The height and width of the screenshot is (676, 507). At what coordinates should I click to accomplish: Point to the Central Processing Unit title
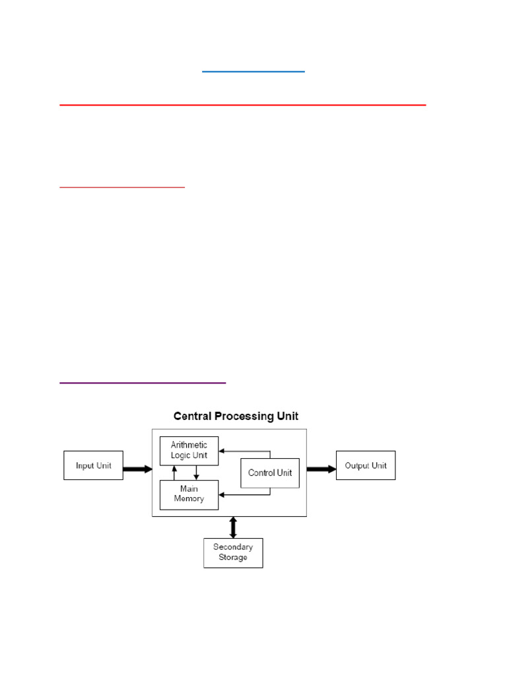(x=236, y=416)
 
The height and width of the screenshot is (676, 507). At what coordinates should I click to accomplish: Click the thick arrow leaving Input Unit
(x=137, y=469)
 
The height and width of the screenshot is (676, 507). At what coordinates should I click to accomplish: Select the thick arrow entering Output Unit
(x=321, y=469)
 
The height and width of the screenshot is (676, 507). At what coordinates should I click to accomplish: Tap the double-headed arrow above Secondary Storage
(x=233, y=527)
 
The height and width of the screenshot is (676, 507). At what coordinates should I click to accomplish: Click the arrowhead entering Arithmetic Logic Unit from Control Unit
(x=222, y=451)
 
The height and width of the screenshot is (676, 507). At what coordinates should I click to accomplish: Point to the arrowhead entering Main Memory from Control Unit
(x=222, y=495)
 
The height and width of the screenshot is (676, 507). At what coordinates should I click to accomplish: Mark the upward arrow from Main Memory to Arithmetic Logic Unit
(x=174, y=473)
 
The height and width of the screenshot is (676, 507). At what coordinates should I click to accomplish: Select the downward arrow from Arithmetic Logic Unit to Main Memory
(x=196, y=473)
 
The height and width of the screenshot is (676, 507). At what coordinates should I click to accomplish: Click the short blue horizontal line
(x=253, y=71)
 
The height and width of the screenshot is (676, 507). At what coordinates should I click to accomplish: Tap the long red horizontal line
(x=243, y=105)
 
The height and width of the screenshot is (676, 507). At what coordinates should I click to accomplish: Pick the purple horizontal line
(x=143, y=382)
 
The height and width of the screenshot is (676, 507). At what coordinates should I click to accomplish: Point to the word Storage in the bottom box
(x=233, y=557)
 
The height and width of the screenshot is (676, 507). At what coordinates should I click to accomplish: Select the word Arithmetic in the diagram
(x=189, y=444)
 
